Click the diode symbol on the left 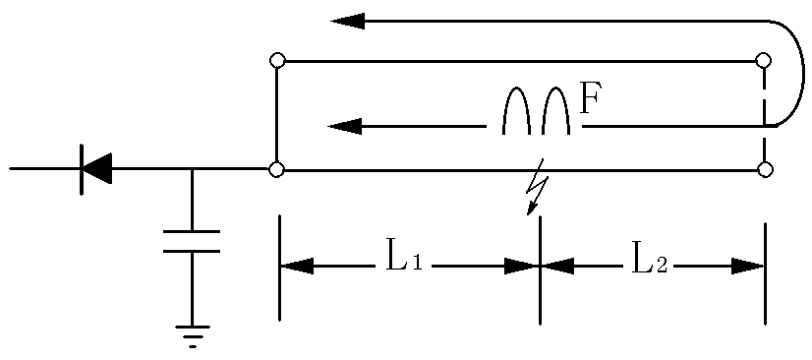(94, 169)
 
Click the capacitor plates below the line (192, 241)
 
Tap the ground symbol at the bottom (193, 335)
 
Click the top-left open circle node (277, 61)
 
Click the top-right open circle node (764, 61)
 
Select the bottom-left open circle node (277, 169)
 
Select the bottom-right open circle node (765, 169)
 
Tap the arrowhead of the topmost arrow (348, 20)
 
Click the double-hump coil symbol (537, 110)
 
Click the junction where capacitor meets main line (192, 169)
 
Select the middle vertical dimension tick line (540, 270)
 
